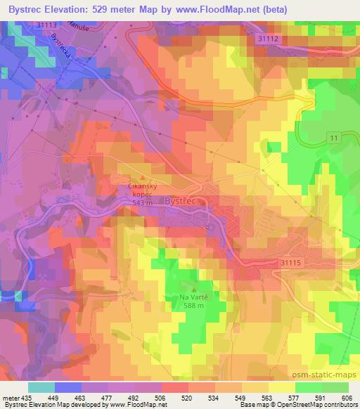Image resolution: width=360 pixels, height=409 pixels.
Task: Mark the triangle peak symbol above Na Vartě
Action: (x=195, y=288)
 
